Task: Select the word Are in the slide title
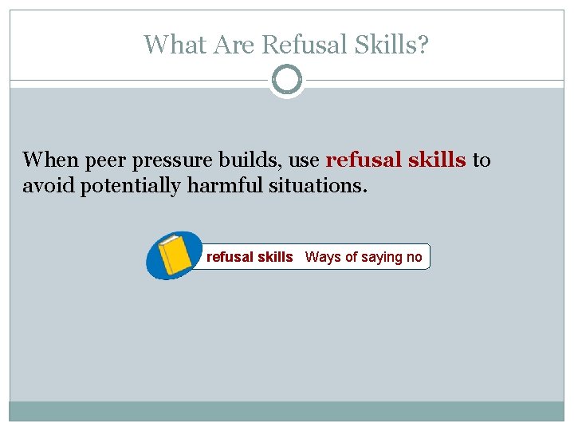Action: click(x=229, y=45)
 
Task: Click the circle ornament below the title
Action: click(x=287, y=81)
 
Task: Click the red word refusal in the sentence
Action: click(x=364, y=160)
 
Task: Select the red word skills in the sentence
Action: click(x=437, y=160)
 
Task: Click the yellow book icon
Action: click(x=175, y=255)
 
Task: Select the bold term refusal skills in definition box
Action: click(x=250, y=257)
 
